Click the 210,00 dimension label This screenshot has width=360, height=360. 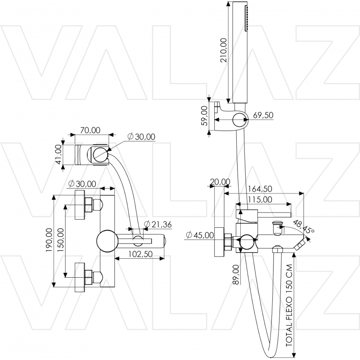[223, 50]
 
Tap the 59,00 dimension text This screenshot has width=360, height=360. [204, 116]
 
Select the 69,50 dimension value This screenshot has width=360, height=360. [263, 115]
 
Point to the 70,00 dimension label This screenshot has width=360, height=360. [90, 130]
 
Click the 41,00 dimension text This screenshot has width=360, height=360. [59, 154]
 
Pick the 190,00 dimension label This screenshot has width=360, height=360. [49, 240]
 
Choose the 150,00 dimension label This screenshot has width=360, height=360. [61, 240]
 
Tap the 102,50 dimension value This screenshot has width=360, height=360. [140, 254]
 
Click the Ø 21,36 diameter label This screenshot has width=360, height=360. [158, 224]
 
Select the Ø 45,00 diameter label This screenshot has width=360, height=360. [200, 235]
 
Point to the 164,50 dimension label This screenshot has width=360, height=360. [260, 189]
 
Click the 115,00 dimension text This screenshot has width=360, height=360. [260, 199]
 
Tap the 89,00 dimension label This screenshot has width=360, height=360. [236, 274]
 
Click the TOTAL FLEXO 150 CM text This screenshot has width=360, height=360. [289, 306]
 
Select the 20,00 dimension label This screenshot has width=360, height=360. [220, 182]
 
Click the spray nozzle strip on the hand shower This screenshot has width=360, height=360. [246, 18]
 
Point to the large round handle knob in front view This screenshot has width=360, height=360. [106, 241]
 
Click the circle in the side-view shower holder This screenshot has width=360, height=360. [240, 120]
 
